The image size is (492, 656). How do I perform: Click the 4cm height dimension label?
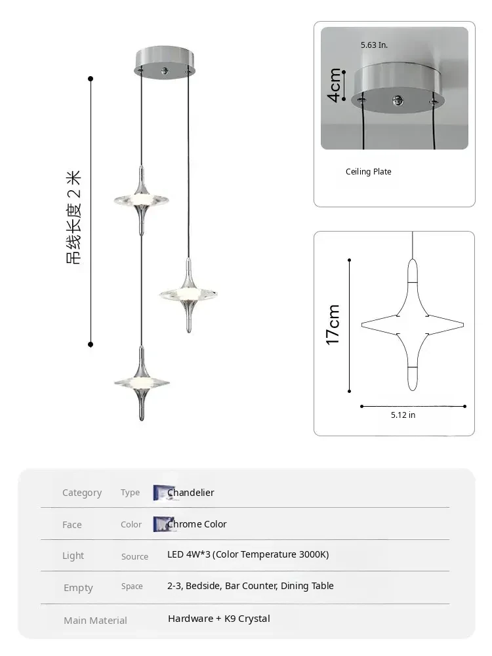click(335, 85)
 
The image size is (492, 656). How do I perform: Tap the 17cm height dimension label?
click(333, 325)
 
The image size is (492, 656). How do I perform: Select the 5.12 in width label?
click(403, 415)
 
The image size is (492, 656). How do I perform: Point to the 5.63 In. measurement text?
click(374, 45)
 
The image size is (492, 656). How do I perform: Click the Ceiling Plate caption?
click(368, 172)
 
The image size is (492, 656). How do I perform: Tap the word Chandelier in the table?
click(190, 493)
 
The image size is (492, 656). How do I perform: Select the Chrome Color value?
click(197, 524)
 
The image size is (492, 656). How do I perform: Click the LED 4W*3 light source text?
click(248, 554)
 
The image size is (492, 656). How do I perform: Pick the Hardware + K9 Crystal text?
click(218, 619)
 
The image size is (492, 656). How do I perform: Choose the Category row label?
click(82, 493)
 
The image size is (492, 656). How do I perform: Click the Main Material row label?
click(95, 620)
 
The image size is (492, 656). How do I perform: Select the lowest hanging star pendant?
click(141, 383)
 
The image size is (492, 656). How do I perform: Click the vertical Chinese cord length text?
click(74, 216)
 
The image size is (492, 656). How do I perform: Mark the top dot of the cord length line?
click(91, 79)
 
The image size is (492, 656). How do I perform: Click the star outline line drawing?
click(413, 324)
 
